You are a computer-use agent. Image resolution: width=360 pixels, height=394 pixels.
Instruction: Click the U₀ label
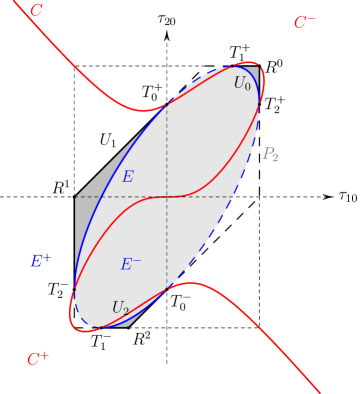click(x=242, y=84)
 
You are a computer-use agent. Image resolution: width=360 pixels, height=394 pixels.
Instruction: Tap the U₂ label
click(x=120, y=308)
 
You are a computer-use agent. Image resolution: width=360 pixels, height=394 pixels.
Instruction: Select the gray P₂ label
click(x=270, y=154)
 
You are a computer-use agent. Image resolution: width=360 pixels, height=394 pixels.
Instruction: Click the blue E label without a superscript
click(x=127, y=177)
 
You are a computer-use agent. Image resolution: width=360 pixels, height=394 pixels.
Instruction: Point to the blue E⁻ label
click(x=130, y=264)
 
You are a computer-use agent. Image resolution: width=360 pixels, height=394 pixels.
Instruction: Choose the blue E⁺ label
click(x=40, y=261)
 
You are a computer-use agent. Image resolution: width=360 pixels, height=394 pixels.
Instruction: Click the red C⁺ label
click(x=38, y=358)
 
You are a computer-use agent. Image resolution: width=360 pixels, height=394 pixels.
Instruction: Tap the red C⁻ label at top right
click(x=304, y=22)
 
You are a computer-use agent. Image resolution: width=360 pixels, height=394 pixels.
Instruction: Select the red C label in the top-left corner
click(x=37, y=11)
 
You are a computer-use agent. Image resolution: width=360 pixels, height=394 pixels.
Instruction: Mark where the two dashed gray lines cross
click(x=167, y=197)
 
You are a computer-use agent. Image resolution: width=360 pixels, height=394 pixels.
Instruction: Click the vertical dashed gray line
click(x=167, y=150)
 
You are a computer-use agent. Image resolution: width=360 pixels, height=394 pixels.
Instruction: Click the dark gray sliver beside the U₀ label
click(x=255, y=76)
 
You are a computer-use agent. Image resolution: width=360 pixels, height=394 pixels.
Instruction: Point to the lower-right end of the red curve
click(x=319, y=391)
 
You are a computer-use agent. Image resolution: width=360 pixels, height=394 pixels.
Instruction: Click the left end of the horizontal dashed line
click(x=76, y=197)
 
